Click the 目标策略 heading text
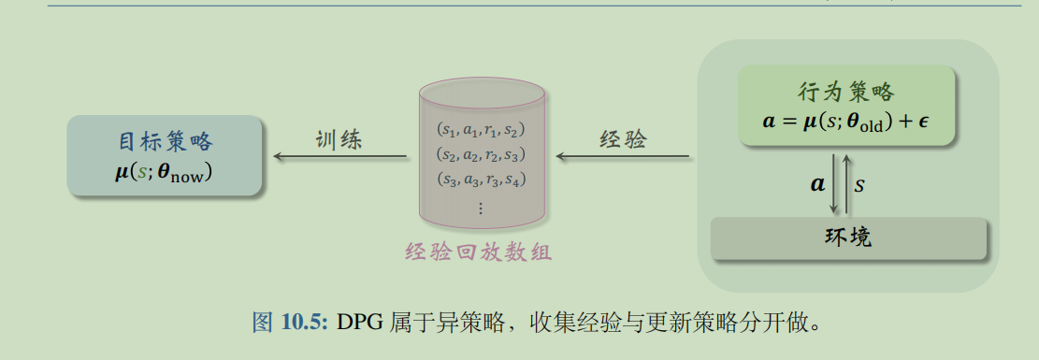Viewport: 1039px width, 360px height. click(166, 142)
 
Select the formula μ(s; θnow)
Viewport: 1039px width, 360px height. click(165, 171)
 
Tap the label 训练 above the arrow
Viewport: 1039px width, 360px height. click(339, 139)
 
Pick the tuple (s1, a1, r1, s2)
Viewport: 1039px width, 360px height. click(482, 130)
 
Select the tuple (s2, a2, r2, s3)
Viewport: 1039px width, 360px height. click(482, 154)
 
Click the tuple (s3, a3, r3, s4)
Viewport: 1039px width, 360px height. click(482, 179)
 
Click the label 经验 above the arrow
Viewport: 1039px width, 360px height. click(622, 139)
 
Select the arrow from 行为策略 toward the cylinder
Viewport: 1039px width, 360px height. click(622, 157)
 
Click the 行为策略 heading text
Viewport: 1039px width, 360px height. click(846, 93)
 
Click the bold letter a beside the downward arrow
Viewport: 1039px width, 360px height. click(818, 183)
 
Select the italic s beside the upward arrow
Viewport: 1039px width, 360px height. click(859, 183)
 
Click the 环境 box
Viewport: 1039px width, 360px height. click(849, 238)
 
